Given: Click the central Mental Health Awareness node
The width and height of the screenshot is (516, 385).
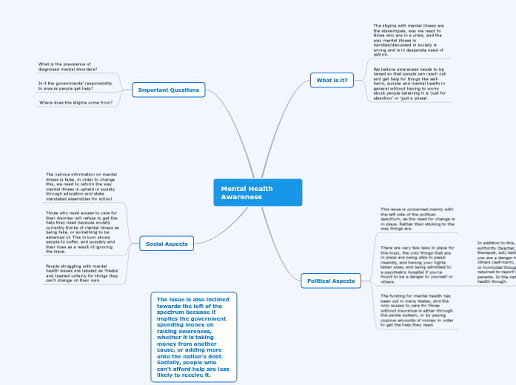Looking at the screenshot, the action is click(x=258, y=192).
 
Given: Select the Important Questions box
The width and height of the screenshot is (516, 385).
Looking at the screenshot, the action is click(x=169, y=90).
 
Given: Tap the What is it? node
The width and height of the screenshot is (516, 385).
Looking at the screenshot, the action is click(x=332, y=80).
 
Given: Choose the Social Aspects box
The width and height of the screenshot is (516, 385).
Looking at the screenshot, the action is click(x=167, y=244).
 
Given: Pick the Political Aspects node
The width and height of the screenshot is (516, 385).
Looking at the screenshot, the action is click(x=331, y=281).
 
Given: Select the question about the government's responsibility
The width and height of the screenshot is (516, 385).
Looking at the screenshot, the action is click(x=76, y=86).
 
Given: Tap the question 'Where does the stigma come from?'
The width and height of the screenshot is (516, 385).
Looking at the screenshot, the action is click(x=76, y=103).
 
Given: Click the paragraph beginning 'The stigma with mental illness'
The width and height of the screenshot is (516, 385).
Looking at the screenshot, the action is click(x=409, y=40).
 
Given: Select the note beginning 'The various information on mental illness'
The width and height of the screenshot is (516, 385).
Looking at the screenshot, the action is click(x=81, y=187).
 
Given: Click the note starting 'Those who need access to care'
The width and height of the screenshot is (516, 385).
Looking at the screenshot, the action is click(x=81, y=232).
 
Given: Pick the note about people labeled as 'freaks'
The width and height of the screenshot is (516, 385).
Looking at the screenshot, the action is click(x=81, y=273).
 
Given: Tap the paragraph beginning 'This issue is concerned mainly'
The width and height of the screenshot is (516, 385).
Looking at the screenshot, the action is click(x=416, y=219).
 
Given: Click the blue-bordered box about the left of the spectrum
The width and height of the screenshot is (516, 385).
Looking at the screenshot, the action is click(x=193, y=337).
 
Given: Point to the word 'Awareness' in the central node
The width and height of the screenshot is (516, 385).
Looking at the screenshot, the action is click(x=241, y=197).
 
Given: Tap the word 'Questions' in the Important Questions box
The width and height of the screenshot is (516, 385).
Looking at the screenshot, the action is click(x=184, y=90).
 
